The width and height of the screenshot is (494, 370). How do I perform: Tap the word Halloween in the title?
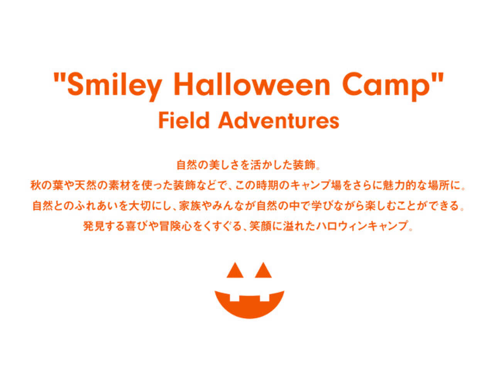[252, 83]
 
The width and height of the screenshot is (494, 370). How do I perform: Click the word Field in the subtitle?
[184, 120]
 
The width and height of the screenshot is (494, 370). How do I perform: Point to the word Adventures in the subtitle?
[279, 120]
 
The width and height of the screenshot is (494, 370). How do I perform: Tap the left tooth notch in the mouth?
[234, 298]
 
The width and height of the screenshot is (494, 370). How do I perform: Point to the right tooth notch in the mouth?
[264, 298]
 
